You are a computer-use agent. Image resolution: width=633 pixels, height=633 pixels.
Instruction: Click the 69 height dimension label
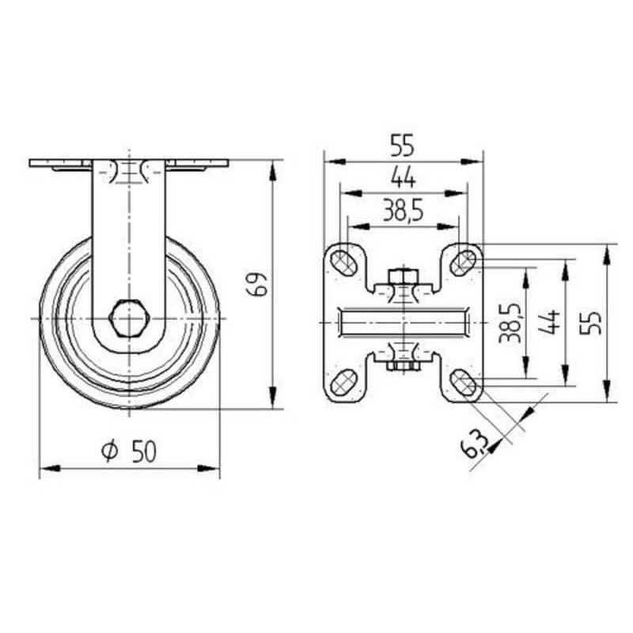point(257,284)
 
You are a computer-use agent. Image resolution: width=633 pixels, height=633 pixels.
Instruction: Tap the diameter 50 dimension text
point(129,451)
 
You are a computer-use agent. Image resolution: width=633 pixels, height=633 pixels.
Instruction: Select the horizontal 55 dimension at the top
point(403,146)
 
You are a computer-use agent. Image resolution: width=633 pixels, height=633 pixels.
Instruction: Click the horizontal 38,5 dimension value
point(403,210)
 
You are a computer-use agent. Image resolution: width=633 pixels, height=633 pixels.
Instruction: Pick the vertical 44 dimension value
point(549,322)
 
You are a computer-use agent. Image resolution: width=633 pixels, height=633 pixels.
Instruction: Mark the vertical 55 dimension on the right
point(590,323)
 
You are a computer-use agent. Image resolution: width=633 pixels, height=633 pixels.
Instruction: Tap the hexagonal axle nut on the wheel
point(129,319)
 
